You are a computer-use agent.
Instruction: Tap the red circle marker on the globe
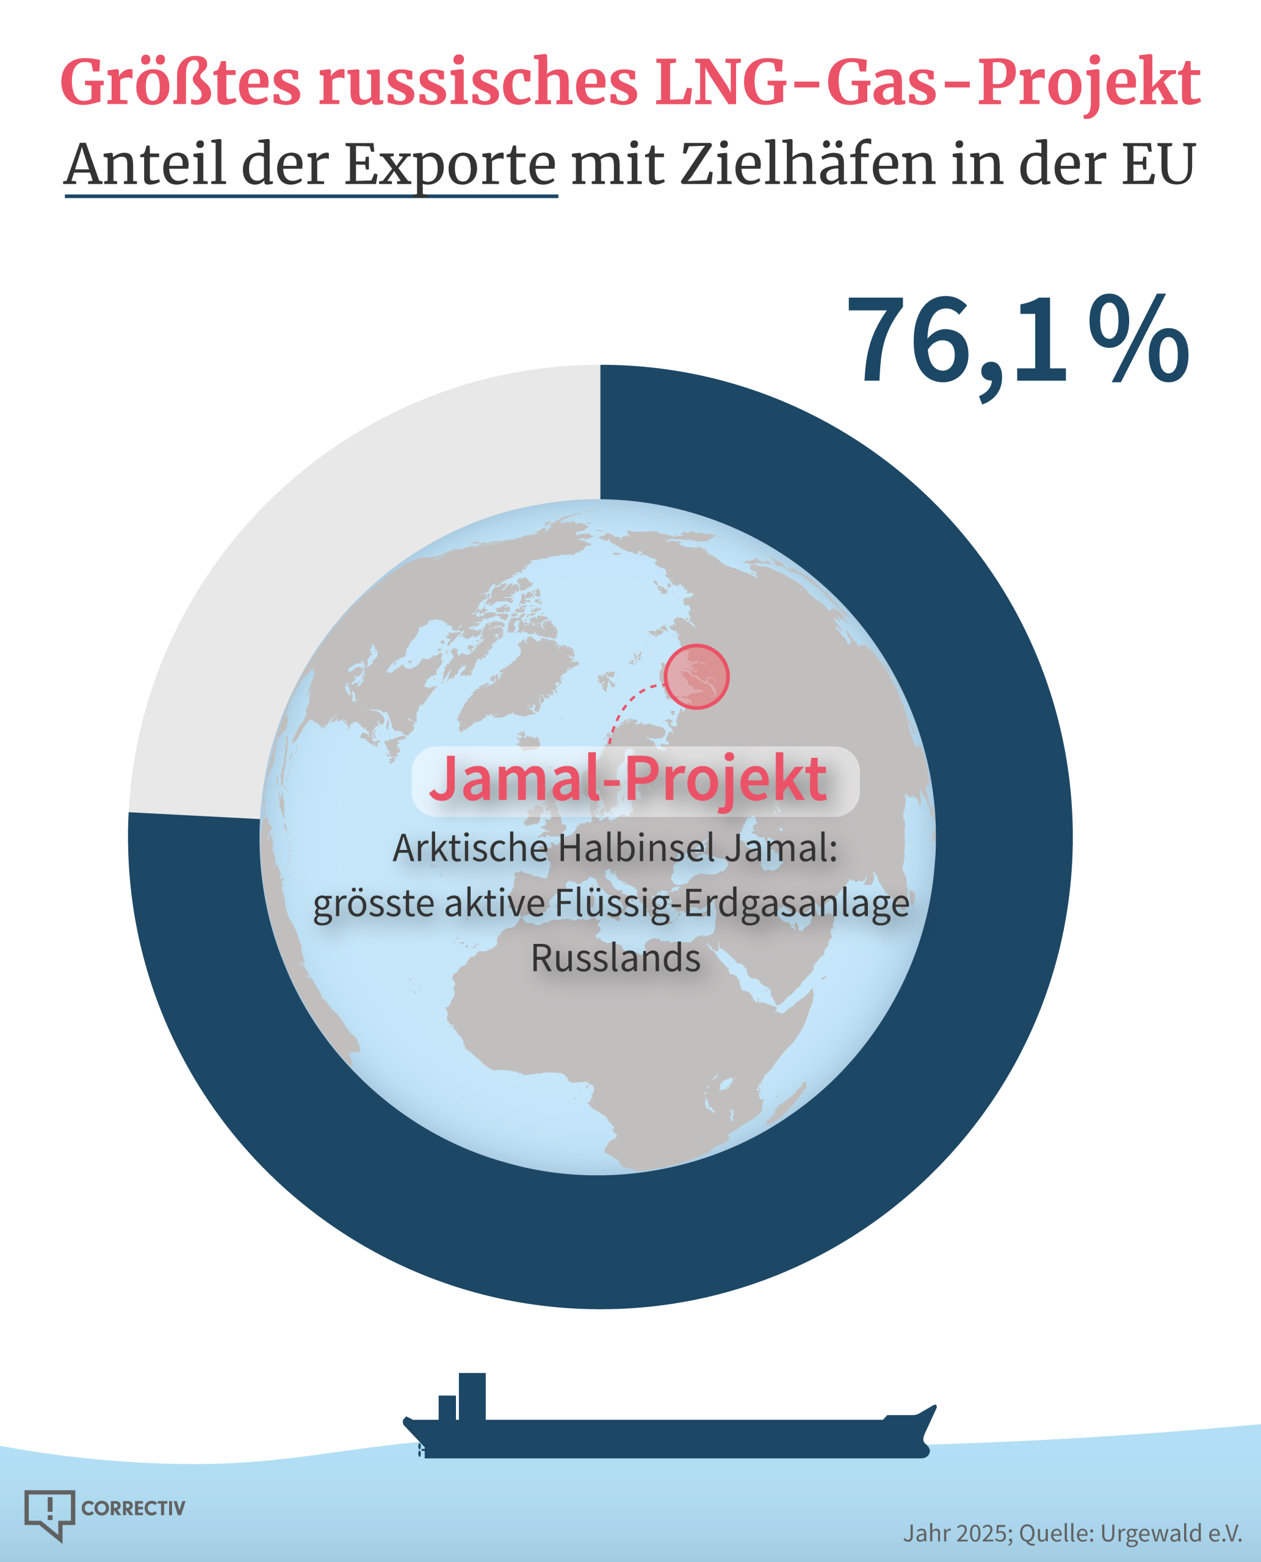coord(696,676)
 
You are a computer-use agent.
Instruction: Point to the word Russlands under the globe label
coord(616,958)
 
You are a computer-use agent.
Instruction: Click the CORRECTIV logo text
coord(133,1509)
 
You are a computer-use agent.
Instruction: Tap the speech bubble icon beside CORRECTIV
coord(49,1513)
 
